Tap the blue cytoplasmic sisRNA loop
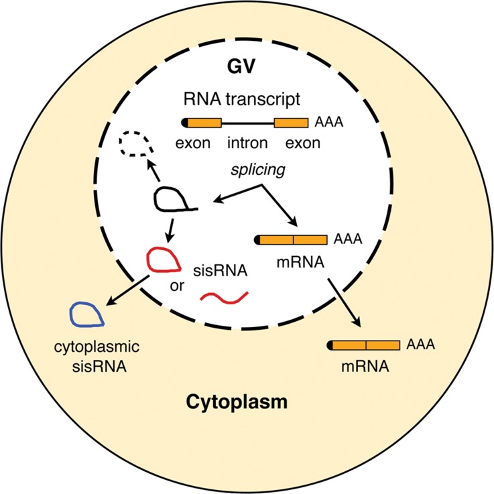pos(87,314)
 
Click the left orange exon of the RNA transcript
pos(204,123)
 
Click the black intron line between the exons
pos(247,123)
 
